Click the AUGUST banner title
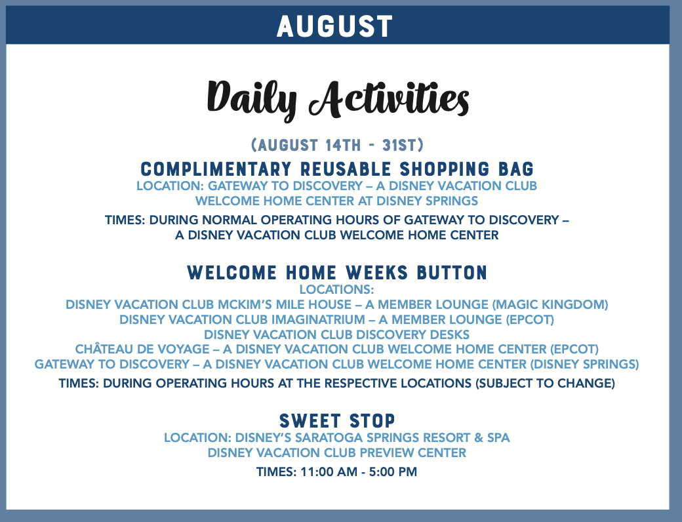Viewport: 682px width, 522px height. [x=335, y=26]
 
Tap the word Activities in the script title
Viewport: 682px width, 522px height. [x=389, y=98]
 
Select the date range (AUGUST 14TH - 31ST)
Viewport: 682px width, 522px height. [x=337, y=145]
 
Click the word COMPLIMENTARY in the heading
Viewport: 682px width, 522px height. [x=216, y=169]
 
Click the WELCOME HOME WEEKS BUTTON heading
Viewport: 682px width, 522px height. [x=337, y=273]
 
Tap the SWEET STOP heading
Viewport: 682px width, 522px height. [x=337, y=420]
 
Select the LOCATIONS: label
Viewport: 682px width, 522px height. [x=336, y=289]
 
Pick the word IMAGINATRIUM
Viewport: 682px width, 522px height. [x=319, y=320]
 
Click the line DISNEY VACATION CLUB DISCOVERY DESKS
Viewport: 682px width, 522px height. [x=336, y=334]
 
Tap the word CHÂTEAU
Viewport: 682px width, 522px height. [x=104, y=349]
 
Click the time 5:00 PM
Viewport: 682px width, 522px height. [x=393, y=472]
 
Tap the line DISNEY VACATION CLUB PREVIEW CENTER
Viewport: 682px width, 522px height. [x=336, y=453]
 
